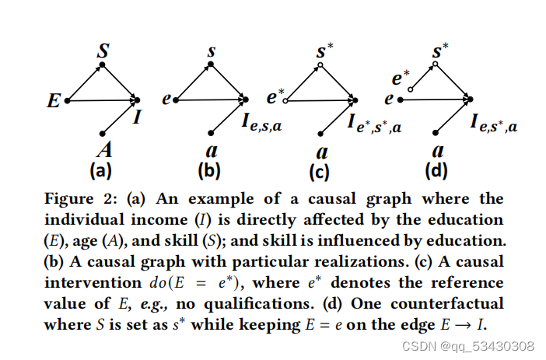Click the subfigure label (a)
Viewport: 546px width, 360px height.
pyautogui.click(x=103, y=168)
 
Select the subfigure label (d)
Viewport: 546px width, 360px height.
pyautogui.click(x=437, y=168)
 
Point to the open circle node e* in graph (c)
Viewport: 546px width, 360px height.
pyautogui.click(x=285, y=100)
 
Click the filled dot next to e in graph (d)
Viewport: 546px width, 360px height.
pyautogui.click(x=400, y=100)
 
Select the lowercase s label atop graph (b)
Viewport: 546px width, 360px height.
pyautogui.click(x=212, y=52)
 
